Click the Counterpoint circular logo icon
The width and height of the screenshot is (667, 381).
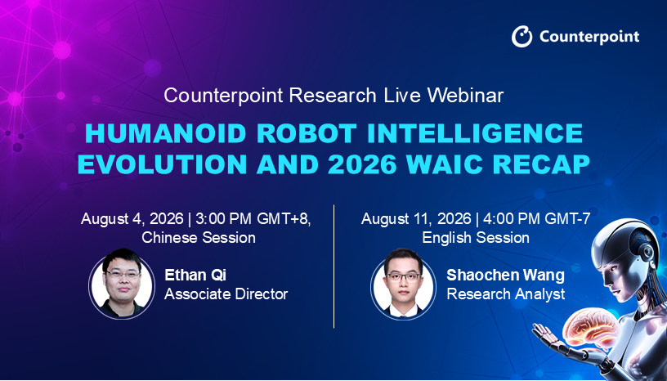pos(522,36)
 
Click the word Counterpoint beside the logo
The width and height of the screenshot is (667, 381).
pos(589,37)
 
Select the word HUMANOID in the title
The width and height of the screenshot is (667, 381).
pos(166,133)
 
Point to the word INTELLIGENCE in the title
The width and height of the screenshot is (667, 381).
pos(475,133)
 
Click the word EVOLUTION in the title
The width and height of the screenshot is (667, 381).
pos(162,164)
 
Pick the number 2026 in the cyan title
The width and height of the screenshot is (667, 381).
pos(362,164)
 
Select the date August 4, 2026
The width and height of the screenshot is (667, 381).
pos(132,219)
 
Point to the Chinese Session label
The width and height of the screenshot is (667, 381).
pos(199,238)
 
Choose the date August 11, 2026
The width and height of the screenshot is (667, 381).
pos(416,219)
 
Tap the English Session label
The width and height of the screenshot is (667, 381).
pos(476,238)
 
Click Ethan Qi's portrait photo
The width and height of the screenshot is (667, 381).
pos(122,284)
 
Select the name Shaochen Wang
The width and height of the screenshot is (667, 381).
pos(505,276)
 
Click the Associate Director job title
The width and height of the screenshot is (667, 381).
pos(226,294)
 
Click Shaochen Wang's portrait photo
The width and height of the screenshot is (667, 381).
pos(403,284)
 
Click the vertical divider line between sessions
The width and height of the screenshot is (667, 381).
pos(334,267)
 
